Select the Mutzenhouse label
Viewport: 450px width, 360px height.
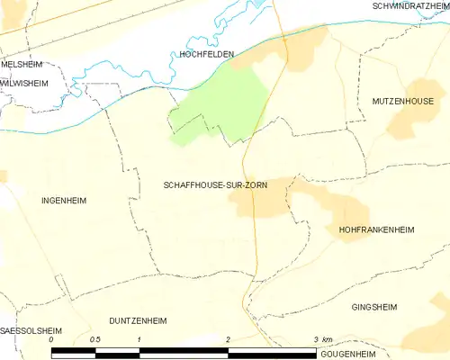pyautogui.click(x=403, y=103)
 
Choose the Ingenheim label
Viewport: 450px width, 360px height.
pyautogui.click(x=64, y=201)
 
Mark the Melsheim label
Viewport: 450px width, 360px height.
pyautogui.click(x=21, y=65)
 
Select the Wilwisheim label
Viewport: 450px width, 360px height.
pyautogui.click(x=23, y=81)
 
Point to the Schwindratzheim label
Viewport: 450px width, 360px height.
pyautogui.click(x=409, y=6)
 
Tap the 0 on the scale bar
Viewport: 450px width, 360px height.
pyautogui.click(x=52, y=339)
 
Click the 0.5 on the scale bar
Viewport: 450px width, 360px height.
pyautogui.click(x=95, y=339)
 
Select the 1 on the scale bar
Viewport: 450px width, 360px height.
pyautogui.click(x=140, y=339)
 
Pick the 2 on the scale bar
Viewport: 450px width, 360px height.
pyautogui.click(x=229, y=339)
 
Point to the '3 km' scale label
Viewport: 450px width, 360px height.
pyautogui.click(x=322, y=339)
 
